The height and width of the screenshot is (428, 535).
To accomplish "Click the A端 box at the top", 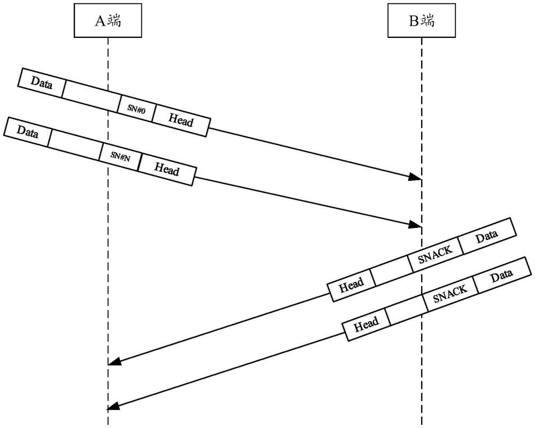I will tap(108, 21).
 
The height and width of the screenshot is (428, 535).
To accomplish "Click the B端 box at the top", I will tap(421, 21).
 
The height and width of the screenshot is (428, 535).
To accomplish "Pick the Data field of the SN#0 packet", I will tap(42, 83).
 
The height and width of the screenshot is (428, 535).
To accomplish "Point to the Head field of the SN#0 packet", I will tap(180, 121).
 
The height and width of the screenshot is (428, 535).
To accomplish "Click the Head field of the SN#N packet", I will tap(166, 170).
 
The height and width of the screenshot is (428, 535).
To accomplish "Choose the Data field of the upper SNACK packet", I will tap(486, 235).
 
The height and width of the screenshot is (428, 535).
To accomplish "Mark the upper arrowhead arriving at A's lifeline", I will tap(114, 362).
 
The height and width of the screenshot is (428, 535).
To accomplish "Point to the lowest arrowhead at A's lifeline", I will tap(114, 407).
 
